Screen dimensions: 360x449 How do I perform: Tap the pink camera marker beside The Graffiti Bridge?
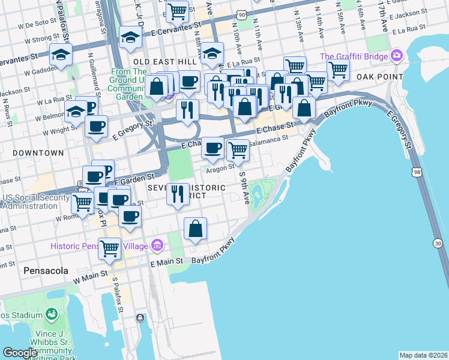tap(396, 57)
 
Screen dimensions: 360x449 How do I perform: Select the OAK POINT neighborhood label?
tap(378, 77)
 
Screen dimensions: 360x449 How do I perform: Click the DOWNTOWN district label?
tap(38, 153)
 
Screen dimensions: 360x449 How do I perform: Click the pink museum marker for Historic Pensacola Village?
tap(158, 245)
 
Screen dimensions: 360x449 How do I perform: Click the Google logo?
tap(20, 353)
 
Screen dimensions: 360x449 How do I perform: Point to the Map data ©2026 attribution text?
tap(423, 355)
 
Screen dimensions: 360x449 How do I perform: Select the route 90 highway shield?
tap(241, 13)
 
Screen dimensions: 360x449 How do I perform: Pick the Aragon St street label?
tap(220, 169)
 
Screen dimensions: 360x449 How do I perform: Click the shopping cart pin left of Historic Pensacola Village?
tap(110, 247)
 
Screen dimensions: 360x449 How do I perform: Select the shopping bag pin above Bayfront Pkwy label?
tap(196, 228)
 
